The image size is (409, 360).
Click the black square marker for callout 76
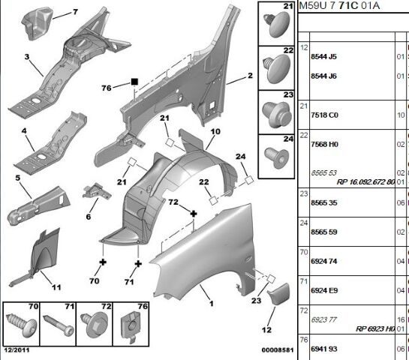point(134,82)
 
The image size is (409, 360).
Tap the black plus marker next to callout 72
point(194,214)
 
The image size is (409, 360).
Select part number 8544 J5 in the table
point(323,56)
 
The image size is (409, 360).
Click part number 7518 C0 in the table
point(324,115)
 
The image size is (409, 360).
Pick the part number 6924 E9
point(324,290)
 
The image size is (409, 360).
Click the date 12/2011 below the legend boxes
point(17,350)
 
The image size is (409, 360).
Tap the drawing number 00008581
point(278,349)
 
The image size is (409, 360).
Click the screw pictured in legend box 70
point(22,324)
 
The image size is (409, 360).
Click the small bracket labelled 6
point(96,191)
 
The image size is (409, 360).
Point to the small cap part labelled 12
point(278,293)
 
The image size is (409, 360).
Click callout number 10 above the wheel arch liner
point(215,132)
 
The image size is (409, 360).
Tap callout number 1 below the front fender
point(212,304)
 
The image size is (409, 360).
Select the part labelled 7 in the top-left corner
point(37,23)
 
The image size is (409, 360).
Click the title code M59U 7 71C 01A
point(339,5)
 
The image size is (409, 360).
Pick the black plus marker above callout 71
point(138,264)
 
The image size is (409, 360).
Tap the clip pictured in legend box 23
point(276,114)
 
